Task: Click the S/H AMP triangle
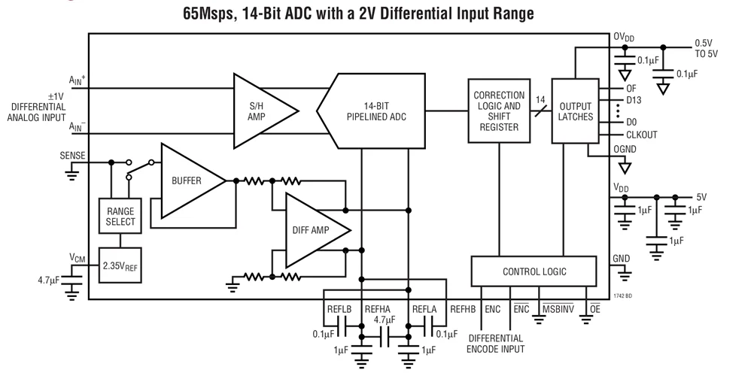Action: click(x=260, y=110)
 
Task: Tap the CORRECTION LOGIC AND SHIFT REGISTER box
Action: click(x=498, y=111)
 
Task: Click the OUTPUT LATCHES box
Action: click(x=575, y=111)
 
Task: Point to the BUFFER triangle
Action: click(x=188, y=181)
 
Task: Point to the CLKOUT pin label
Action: click(x=642, y=135)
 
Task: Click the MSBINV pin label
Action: click(x=558, y=309)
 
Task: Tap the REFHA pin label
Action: click(x=378, y=309)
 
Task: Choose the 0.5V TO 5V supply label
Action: click(x=706, y=48)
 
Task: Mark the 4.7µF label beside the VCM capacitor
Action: click(x=49, y=280)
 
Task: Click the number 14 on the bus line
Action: click(x=539, y=99)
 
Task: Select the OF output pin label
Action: click(x=631, y=88)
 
